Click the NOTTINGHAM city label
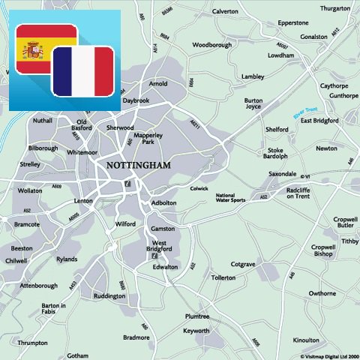pos(139,164)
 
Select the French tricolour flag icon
pos(82,70)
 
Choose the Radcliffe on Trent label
pos(303,193)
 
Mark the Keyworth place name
pos(196,330)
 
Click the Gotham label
pos(77,355)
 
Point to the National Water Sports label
pos(230,197)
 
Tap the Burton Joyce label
pos(253,103)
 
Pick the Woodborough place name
pos(211,44)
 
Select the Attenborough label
pos(38,285)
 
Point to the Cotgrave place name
pos(244,264)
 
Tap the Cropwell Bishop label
pos(322,250)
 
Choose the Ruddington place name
pos(109,295)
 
